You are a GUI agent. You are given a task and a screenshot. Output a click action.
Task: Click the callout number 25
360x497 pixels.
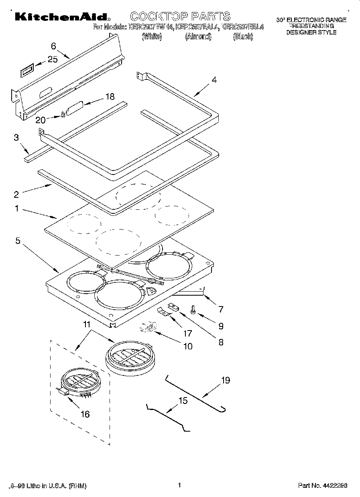[x=53, y=59]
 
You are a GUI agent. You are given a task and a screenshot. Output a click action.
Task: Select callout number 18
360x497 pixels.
[x=109, y=97]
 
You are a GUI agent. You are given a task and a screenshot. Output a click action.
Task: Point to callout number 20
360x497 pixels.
[x=41, y=120]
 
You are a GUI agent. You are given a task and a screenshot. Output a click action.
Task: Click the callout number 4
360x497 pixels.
[x=214, y=80]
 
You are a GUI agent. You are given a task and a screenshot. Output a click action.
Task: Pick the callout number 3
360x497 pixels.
[x=16, y=138]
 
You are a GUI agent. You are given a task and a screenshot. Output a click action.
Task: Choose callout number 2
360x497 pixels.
[x=16, y=195]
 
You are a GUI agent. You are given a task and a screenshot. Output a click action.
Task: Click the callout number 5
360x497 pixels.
[x=18, y=241]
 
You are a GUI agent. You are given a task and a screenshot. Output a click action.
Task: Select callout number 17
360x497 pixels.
[x=187, y=333]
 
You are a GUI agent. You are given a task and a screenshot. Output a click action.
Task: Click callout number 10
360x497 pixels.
[x=187, y=346]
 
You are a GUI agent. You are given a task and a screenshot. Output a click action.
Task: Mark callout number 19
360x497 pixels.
[x=226, y=380]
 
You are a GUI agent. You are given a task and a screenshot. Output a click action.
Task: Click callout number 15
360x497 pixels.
[x=183, y=400]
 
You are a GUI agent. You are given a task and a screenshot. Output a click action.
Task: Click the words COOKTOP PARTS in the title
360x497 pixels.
[x=180, y=16]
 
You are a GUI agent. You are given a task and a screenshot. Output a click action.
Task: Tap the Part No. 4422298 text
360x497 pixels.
[x=322, y=485]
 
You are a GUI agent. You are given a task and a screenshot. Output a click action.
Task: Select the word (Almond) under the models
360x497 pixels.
[x=198, y=37]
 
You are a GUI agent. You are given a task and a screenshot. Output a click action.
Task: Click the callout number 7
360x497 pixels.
[x=220, y=309]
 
